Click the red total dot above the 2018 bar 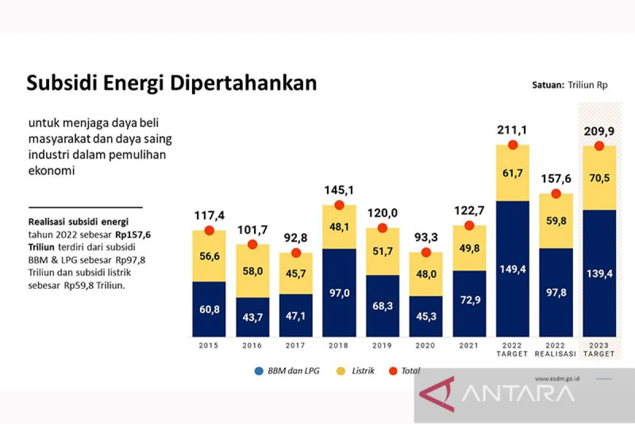coord(339,205)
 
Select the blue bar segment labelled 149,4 coord(512,269)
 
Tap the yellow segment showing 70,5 coord(599,178)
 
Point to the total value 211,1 coord(512,130)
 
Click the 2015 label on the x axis coord(208,346)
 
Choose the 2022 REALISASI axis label coord(556,350)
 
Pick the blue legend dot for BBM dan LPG coord(258,371)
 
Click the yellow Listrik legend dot coord(340,371)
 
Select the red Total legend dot coord(393,371)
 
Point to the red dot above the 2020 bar coord(426,252)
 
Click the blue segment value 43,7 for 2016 coord(252,317)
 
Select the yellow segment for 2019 coord(383,252)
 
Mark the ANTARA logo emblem coord(437,395)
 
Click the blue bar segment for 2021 coord(469,304)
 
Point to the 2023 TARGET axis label coord(599,350)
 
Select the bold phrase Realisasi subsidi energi coord(78,221)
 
